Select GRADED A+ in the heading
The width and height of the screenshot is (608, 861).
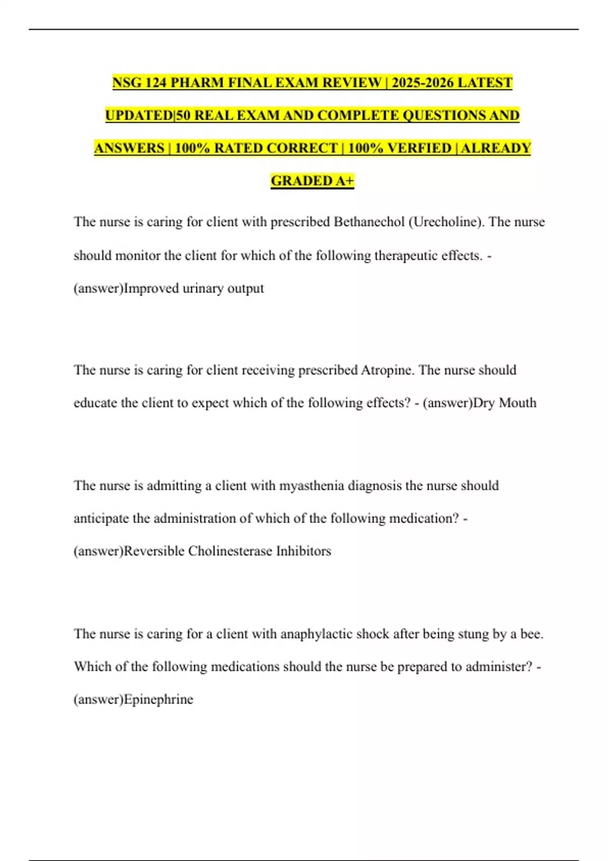coord(312,181)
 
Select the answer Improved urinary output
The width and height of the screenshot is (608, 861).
coord(194,288)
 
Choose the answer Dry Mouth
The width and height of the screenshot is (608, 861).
coord(504,403)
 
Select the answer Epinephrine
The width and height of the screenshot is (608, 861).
coord(158,699)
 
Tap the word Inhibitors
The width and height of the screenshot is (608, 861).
coord(303,551)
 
